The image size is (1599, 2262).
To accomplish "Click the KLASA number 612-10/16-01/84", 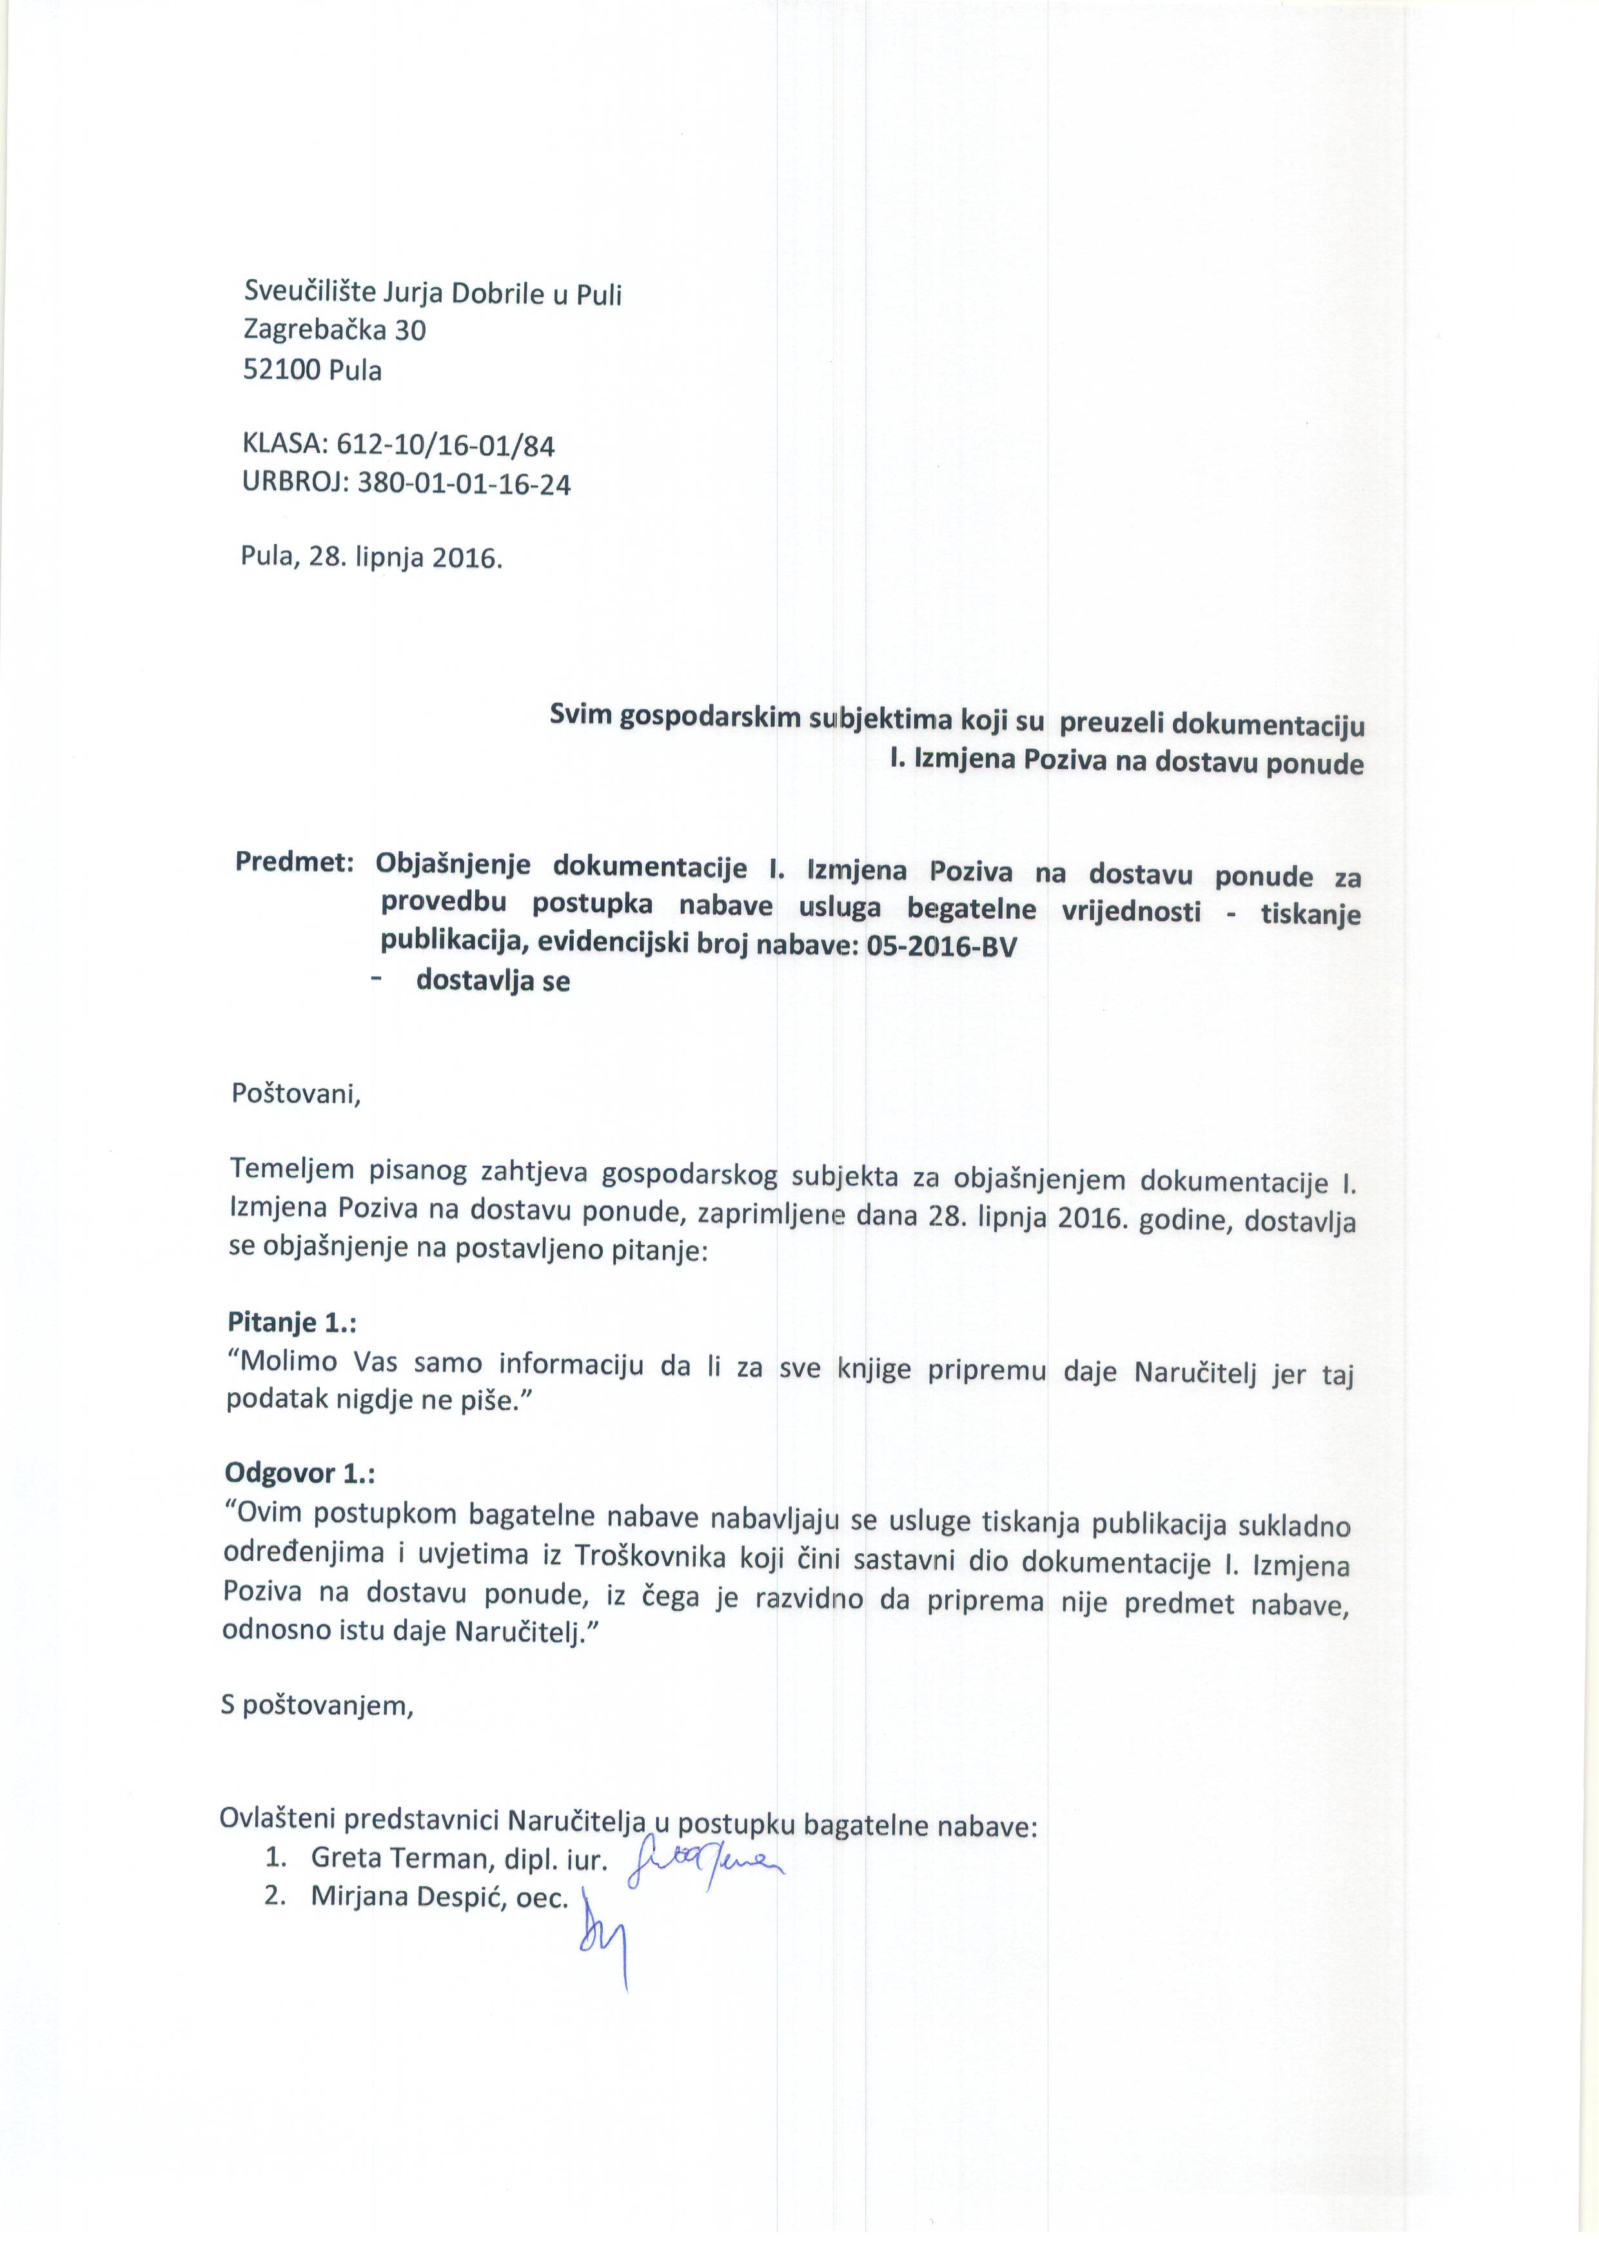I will coord(446,446).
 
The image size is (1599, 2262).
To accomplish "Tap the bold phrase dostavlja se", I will coord(493,981).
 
